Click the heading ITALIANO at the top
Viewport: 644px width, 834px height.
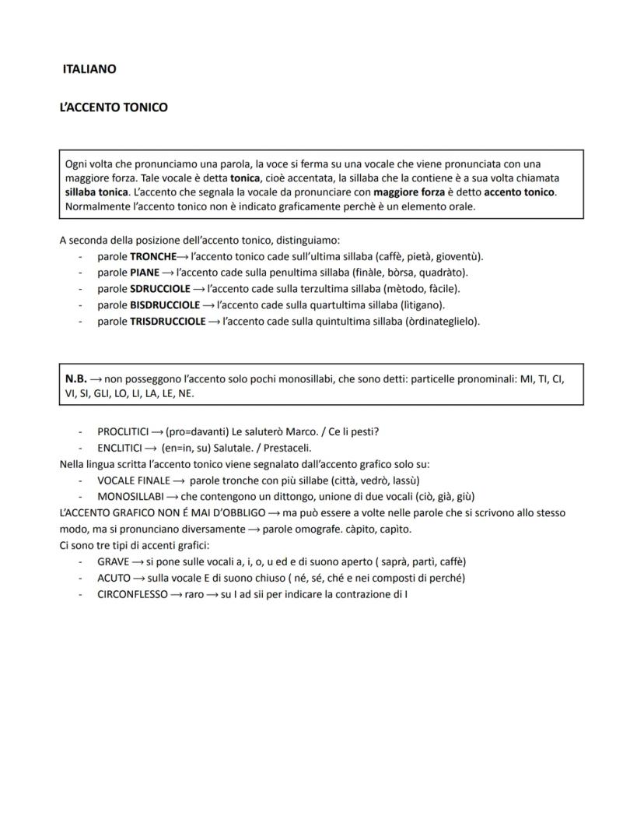[x=89, y=69]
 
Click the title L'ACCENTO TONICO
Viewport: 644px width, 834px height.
[x=114, y=107]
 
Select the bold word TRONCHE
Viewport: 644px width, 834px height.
[x=153, y=256]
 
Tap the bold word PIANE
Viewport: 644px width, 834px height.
[x=145, y=273]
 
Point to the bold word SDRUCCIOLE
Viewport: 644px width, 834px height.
[x=160, y=289]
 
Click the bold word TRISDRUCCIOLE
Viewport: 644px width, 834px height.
[x=168, y=321]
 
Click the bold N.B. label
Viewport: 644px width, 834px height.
[x=76, y=378]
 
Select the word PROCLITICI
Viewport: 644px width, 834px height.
[x=123, y=431]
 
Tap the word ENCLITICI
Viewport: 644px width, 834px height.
[x=120, y=448]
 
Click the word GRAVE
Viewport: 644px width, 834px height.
[x=114, y=561]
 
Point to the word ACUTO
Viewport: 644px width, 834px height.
[x=114, y=578]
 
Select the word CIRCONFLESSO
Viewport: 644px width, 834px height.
[x=132, y=594]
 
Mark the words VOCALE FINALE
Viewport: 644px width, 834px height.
[x=134, y=480]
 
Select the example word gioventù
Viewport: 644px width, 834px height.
[x=457, y=256]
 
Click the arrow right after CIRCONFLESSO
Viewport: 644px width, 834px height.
[x=177, y=594]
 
